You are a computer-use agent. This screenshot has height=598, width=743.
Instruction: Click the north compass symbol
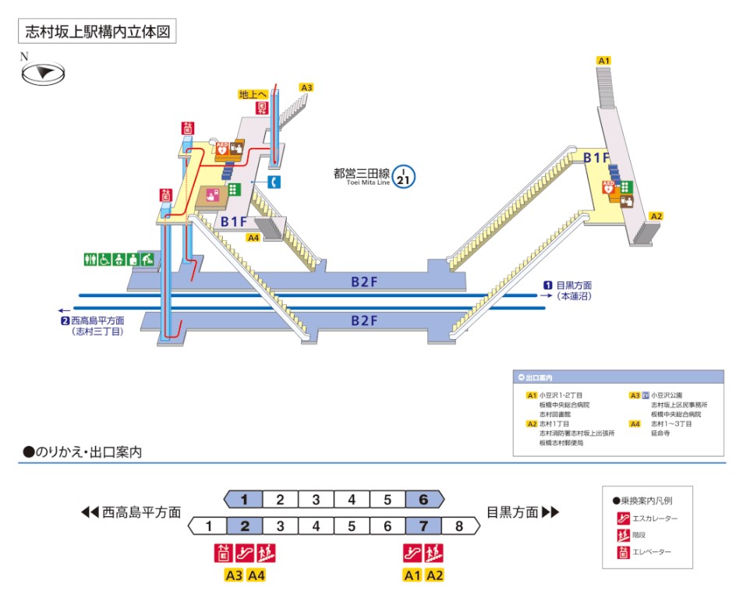[x=43, y=73]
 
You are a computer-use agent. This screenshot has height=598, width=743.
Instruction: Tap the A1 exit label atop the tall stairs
[x=603, y=60]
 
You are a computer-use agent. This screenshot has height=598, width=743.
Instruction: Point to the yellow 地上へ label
[x=253, y=94]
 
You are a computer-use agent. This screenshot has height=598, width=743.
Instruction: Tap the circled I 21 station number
[x=403, y=175]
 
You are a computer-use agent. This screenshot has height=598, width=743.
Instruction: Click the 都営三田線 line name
[x=361, y=174]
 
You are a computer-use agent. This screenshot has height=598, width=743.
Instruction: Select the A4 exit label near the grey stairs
[x=253, y=237]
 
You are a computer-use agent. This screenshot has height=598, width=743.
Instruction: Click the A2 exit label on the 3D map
[x=656, y=216]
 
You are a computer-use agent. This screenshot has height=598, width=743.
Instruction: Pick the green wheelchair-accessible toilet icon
[x=104, y=257]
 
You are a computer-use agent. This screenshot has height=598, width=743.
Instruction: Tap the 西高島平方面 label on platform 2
[x=97, y=320]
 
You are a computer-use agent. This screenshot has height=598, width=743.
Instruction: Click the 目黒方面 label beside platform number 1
[x=575, y=285]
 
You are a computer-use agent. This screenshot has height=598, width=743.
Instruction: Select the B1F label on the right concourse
[x=596, y=158]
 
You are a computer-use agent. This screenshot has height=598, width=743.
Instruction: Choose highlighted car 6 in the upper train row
[x=423, y=500]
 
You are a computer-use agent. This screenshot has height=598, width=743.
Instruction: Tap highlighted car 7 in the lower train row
[x=423, y=526]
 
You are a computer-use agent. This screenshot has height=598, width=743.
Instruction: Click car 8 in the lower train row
[x=458, y=526]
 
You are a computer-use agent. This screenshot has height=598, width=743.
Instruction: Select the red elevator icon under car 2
[x=224, y=554]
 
